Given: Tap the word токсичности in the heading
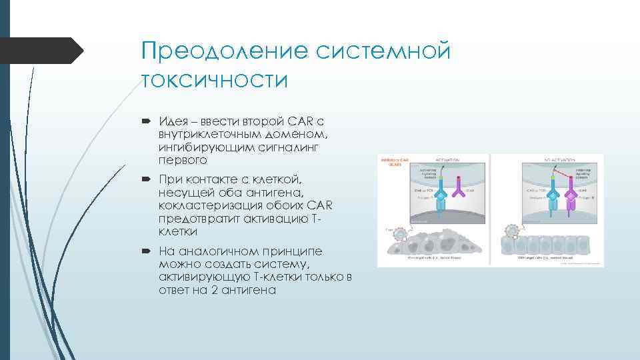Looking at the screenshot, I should [x=214, y=80].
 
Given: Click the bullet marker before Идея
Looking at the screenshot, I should [x=145, y=121].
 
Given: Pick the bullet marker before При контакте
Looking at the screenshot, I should [x=145, y=180].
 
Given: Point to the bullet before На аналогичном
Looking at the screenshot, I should [x=145, y=251].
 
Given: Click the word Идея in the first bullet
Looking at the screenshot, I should [x=173, y=121].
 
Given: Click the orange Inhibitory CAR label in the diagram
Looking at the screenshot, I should [x=391, y=163].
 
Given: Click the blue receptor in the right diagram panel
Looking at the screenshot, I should [x=553, y=200].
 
